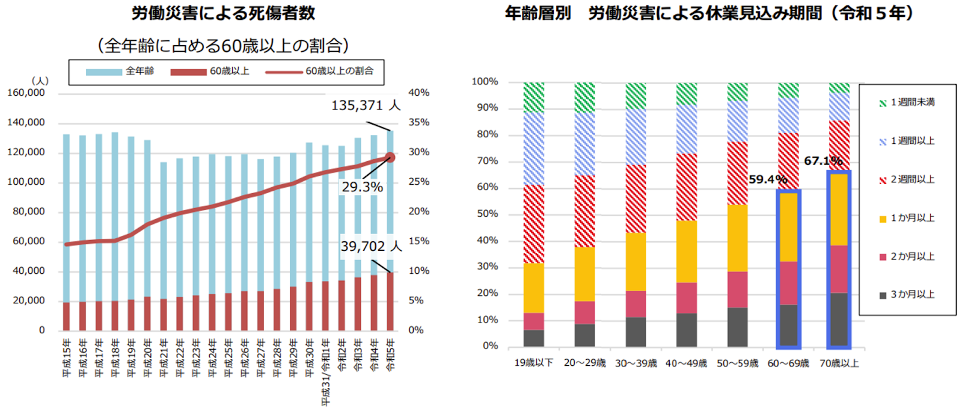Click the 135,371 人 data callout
tap(365, 106)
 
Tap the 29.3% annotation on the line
tap(362, 187)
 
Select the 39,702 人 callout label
tap(370, 246)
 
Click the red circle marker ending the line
tap(390, 157)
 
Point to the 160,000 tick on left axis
tap(26, 93)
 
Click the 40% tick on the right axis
tap(419, 93)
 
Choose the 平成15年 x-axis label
tap(66, 358)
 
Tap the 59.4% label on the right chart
tap(768, 179)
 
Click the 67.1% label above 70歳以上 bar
tap(823, 161)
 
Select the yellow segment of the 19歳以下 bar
tap(533, 288)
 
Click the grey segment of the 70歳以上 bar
tap(839, 319)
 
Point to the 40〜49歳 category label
tap(686, 363)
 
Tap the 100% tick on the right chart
tap(485, 81)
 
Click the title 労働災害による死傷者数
tap(223, 13)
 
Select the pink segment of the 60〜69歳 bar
tap(788, 283)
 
